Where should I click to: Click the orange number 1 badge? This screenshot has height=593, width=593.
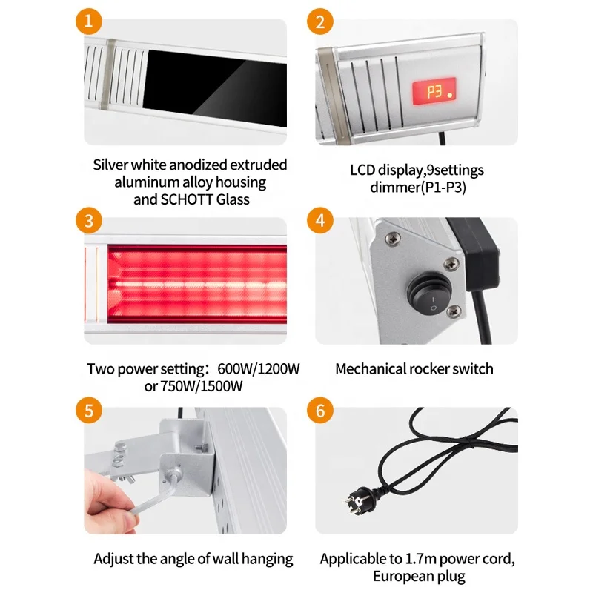(88, 21)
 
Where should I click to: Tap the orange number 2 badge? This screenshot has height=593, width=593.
(320, 21)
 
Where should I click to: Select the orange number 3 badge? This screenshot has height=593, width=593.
(88, 221)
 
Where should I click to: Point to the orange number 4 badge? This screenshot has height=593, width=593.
(320, 221)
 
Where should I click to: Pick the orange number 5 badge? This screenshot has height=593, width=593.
(88, 411)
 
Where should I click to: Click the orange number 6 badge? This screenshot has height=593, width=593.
(320, 411)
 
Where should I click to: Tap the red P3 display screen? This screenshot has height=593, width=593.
(434, 91)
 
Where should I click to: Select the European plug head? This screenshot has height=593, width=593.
(361, 500)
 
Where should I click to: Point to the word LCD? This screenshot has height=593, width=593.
(362, 170)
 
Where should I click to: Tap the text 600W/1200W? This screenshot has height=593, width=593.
(259, 368)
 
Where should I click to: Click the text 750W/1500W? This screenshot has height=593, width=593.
(202, 386)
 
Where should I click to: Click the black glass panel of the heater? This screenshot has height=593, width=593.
(214, 87)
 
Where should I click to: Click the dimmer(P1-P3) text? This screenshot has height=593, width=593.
(418, 188)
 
